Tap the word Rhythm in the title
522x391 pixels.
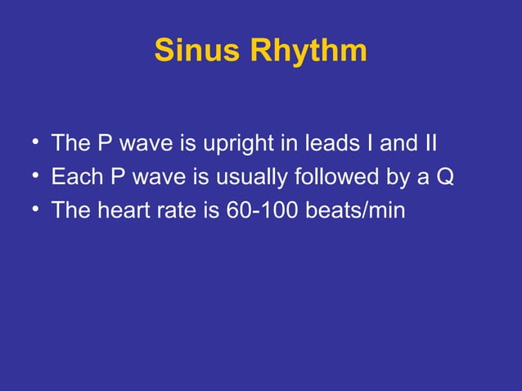pos(309,51)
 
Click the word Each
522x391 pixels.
pos(71,178)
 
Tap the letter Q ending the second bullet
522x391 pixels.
pos(443,178)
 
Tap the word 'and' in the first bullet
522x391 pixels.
pos(396,145)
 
